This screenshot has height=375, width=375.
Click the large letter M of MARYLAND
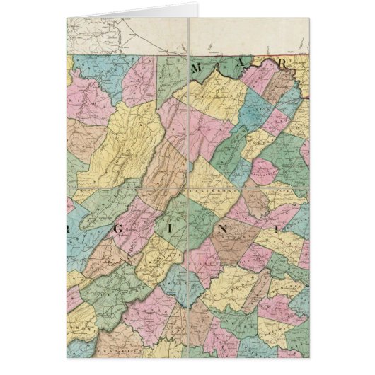(x=202, y=69)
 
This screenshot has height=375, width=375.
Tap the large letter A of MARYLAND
(x=240, y=67)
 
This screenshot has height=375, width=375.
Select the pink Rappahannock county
(x=263, y=170)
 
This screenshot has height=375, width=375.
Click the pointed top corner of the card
(x=197, y=5)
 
